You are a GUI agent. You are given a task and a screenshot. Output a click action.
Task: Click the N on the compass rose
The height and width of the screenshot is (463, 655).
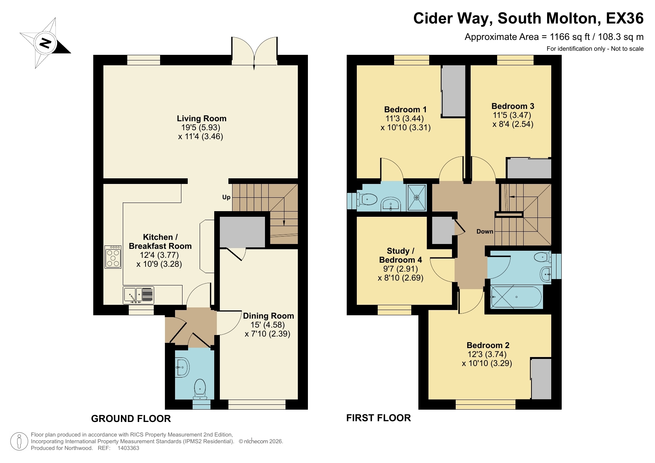pyautogui.click(x=46, y=43)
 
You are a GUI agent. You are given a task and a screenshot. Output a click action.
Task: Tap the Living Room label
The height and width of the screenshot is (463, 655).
pyautogui.click(x=202, y=119)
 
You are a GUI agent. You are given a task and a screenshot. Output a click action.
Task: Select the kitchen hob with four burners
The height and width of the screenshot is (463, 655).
pyautogui.click(x=113, y=257)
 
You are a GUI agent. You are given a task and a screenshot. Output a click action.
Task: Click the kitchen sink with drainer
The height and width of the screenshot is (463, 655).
pyautogui.click(x=138, y=295)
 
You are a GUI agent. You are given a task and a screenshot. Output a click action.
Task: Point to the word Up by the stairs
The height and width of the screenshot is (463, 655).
pyautogui.click(x=226, y=197)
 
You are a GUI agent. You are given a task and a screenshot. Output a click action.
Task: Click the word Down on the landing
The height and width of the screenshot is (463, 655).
pyautogui.click(x=484, y=231)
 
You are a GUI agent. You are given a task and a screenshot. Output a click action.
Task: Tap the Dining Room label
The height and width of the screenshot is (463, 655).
pyautogui.click(x=268, y=316)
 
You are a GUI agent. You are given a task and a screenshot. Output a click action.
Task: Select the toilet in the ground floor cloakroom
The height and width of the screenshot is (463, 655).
pyautogui.click(x=200, y=389)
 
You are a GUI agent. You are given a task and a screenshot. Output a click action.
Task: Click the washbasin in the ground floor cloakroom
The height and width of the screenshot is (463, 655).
pyautogui.click(x=182, y=367)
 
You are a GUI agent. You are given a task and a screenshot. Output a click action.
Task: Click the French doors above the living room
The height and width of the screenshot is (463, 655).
pyautogui.click(x=254, y=52)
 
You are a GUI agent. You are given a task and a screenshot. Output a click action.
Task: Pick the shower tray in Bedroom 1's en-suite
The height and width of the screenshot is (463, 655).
pyautogui.click(x=417, y=198)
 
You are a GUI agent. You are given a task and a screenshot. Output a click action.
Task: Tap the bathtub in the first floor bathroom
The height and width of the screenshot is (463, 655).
pyautogui.click(x=517, y=297)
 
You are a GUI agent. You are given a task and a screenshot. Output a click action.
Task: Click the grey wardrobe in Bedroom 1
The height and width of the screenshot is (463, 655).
pyautogui.click(x=453, y=91)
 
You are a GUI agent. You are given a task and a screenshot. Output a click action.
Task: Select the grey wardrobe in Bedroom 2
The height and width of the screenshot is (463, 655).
pyautogui.click(x=541, y=379)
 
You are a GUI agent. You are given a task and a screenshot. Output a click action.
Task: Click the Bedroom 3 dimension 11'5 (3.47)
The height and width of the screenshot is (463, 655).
pyautogui.click(x=512, y=115)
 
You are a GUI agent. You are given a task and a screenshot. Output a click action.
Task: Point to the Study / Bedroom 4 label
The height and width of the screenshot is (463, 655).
pyautogui.click(x=400, y=255)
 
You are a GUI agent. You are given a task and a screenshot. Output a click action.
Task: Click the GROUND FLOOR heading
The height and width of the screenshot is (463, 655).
pyautogui.click(x=131, y=419)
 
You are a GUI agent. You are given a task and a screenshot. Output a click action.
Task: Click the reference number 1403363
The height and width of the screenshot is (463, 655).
pyautogui.click(x=128, y=448)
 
